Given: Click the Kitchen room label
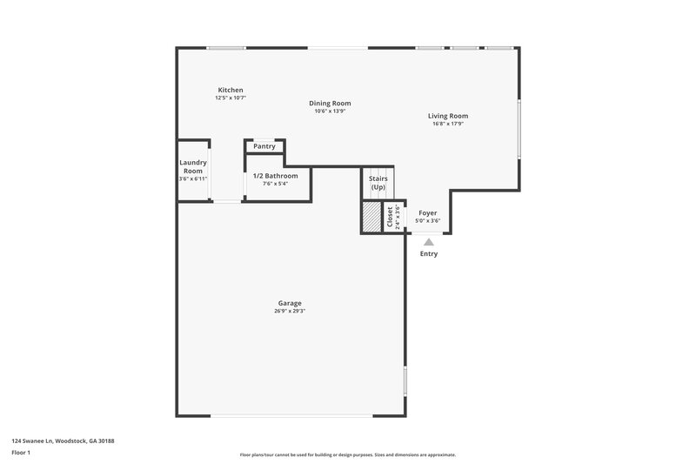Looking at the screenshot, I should [x=231, y=90].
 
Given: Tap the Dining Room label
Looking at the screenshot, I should [x=330, y=103].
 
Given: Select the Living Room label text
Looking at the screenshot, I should [x=448, y=116].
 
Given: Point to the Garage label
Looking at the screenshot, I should [x=290, y=303].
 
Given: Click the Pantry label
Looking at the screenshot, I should [x=264, y=147].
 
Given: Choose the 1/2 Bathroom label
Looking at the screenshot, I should [x=275, y=176].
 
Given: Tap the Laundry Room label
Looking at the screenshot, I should [x=192, y=166].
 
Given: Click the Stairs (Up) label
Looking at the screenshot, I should [x=378, y=183].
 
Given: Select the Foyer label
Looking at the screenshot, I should [x=427, y=212].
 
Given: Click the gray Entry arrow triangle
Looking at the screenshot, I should [x=428, y=242].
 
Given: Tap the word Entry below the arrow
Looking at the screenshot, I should [x=429, y=254].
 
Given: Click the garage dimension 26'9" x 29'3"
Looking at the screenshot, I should [x=290, y=311].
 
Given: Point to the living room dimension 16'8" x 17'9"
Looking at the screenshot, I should [x=448, y=124].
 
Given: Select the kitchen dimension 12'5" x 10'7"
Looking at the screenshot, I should [x=231, y=98].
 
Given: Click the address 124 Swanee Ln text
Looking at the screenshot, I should [x=63, y=440].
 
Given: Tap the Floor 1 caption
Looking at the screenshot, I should [x=22, y=454].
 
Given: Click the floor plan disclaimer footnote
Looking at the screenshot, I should [x=347, y=454].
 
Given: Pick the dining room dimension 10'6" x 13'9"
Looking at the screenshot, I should [x=330, y=111].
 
